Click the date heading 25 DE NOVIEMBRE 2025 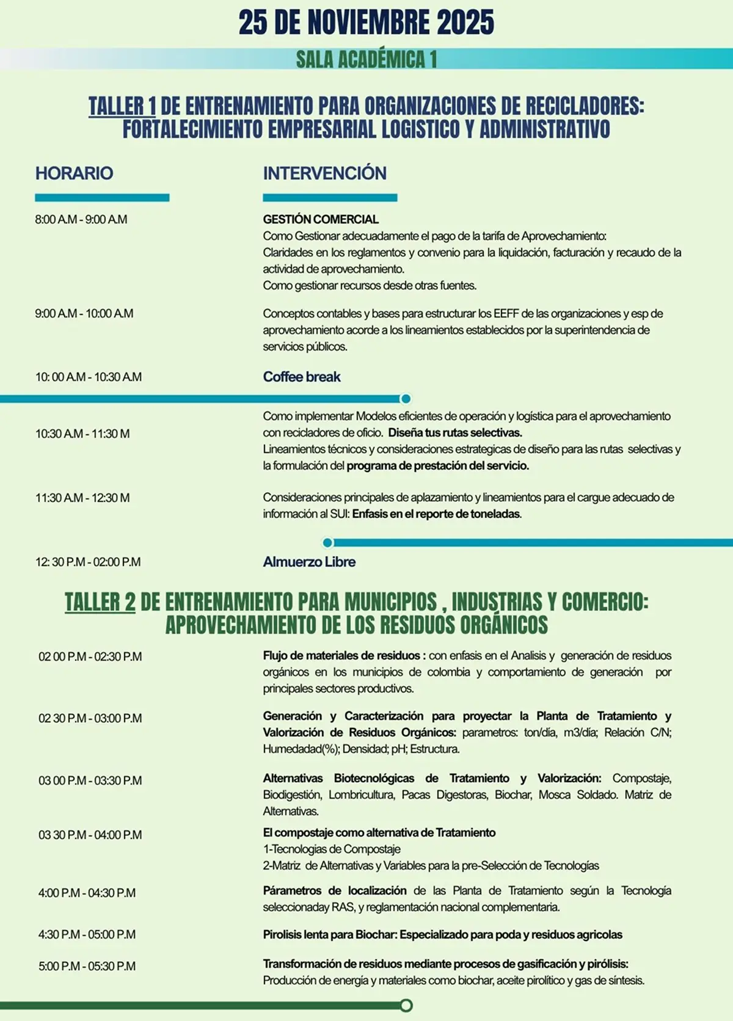pos(366,23)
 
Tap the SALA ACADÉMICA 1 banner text pos(366,59)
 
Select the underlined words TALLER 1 pos(122,106)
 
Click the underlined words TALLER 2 pos(100,602)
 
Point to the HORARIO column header pos(74,173)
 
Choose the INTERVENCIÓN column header pos(324,173)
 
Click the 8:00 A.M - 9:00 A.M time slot pos(81,219)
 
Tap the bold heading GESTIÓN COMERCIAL pos(321,219)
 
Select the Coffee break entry pos(302,377)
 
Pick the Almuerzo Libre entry pos(309,562)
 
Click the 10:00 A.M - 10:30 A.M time pos(89,377)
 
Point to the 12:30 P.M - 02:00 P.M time pos(88,562)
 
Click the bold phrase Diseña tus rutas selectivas pos(455,433)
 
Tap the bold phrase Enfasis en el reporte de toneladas pos(437,514)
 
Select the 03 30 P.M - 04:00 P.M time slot pos(90,835)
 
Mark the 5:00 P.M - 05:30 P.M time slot pos(87,966)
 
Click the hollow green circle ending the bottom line pos(406,1005)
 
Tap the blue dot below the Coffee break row pos(406,399)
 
